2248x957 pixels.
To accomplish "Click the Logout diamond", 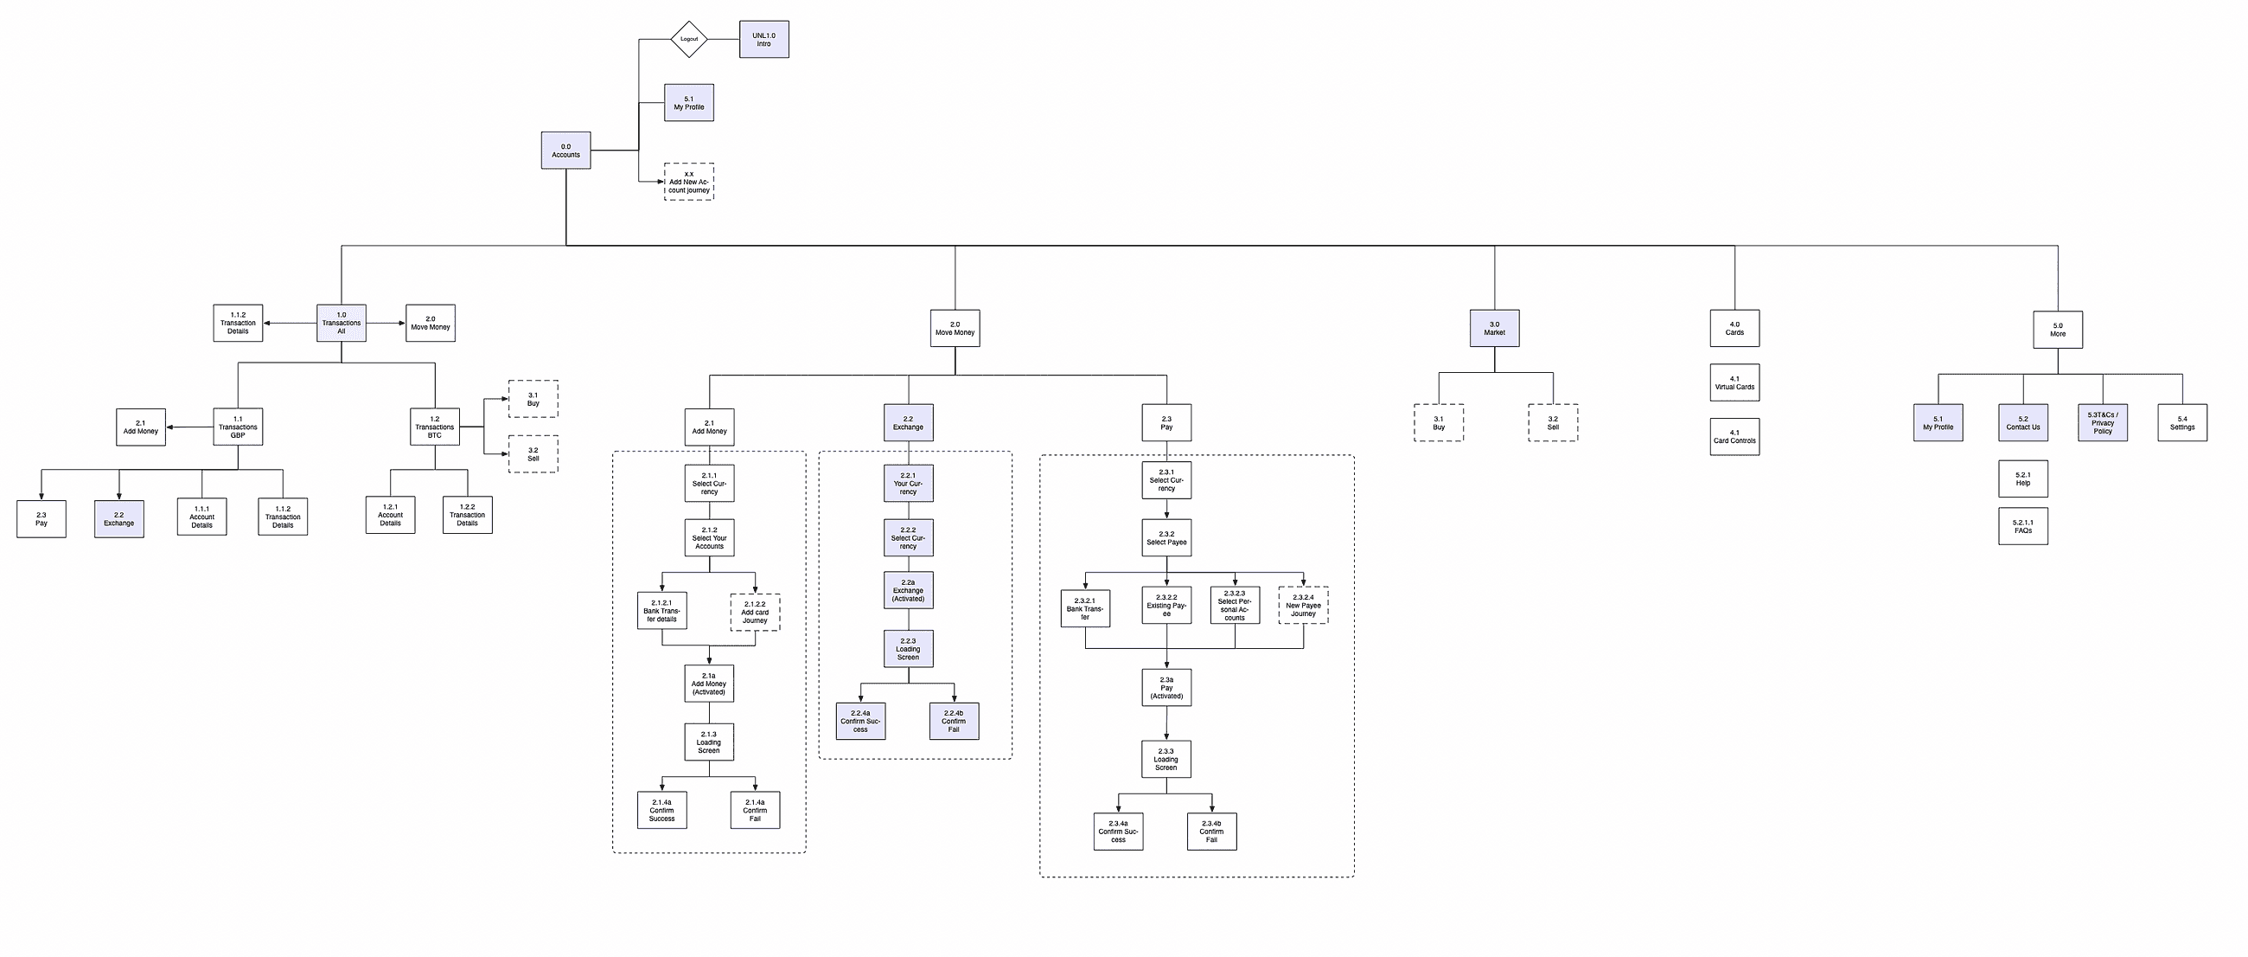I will [x=688, y=39].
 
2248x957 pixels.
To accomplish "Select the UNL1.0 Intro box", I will [x=763, y=39].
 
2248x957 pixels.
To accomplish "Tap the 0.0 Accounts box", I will [x=565, y=151].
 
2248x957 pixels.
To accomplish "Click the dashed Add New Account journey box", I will [x=688, y=182].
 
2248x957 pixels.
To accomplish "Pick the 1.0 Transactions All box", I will [x=342, y=323].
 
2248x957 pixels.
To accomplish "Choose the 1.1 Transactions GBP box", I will [x=238, y=427].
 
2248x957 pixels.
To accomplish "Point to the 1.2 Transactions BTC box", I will [x=435, y=427].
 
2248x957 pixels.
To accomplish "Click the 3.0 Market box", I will [x=1494, y=328].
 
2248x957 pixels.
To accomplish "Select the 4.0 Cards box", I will [x=1734, y=328].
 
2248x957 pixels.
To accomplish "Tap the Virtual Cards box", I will [x=1734, y=382].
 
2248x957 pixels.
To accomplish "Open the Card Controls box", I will [x=1734, y=437].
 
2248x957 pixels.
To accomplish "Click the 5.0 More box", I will [x=2058, y=330].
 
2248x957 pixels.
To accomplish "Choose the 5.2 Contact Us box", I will [x=2023, y=422].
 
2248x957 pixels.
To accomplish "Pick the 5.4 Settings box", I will [x=2181, y=422].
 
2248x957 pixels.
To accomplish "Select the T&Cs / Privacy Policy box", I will [x=2102, y=422].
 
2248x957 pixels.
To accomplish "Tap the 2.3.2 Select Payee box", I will [x=1166, y=538].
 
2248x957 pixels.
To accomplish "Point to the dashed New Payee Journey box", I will [x=1303, y=605].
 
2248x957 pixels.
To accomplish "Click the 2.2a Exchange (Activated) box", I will [x=908, y=590].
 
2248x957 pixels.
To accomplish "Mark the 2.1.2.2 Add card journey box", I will [x=755, y=612].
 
